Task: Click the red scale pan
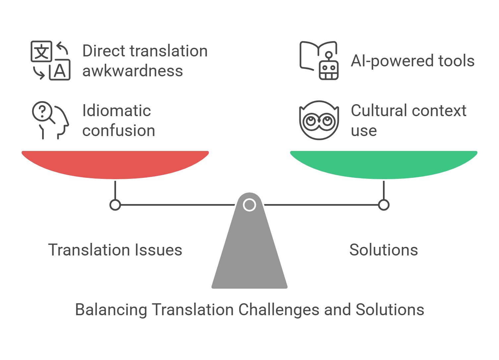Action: [x=115, y=164]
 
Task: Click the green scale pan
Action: [x=384, y=164]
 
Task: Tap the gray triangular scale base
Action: [x=249, y=252]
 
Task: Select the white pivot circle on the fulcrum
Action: [x=249, y=205]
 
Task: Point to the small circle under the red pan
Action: [x=115, y=205]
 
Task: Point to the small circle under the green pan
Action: [x=384, y=205]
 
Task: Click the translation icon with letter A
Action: [x=50, y=60]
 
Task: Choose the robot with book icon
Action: [x=319, y=60]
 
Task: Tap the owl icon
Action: [x=319, y=120]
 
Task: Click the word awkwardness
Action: [x=133, y=71]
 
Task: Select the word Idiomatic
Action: [x=116, y=111]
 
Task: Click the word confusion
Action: [x=118, y=131]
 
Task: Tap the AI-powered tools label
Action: [x=412, y=61]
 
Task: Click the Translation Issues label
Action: [x=115, y=250]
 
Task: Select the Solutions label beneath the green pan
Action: [x=384, y=250]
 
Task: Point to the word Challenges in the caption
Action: [x=279, y=310]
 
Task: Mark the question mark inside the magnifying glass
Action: [x=42, y=111]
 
